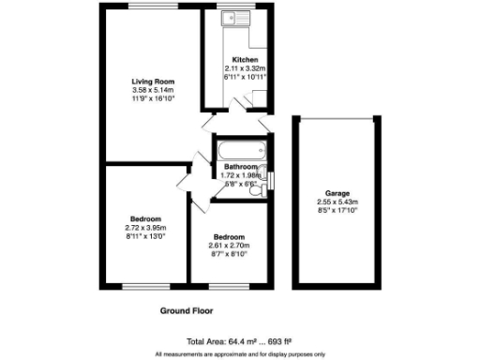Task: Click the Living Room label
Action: tap(153, 82)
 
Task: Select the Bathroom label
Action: tap(240, 167)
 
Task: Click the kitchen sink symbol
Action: tap(230, 19)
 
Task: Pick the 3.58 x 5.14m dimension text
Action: tap(153, 90)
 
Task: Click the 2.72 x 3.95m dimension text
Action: tap(144, 228)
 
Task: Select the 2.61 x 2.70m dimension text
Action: tap(229, 246)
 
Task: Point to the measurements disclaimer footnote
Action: tap(239, 352)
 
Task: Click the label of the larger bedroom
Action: tap(144, 219)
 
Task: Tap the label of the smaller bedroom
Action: tap(229, 237)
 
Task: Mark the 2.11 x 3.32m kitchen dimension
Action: tap(246, 68)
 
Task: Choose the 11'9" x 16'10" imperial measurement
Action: tap(153, 98)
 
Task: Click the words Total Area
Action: tap(206, 342)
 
